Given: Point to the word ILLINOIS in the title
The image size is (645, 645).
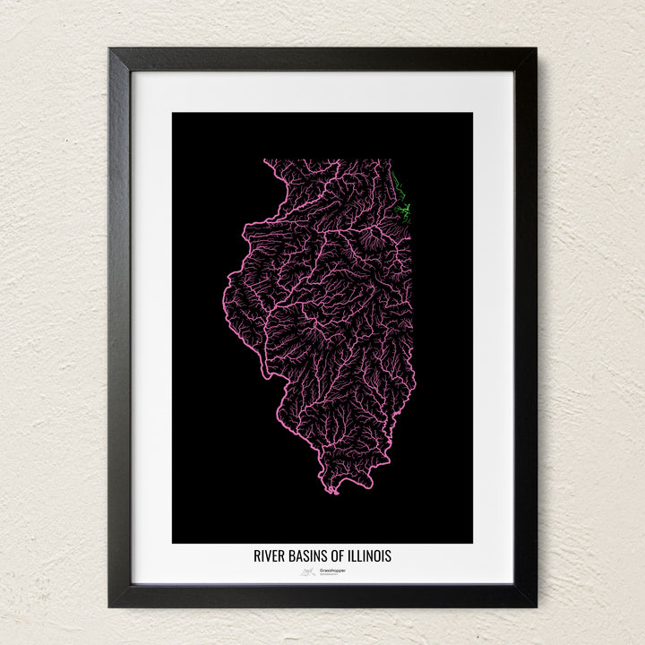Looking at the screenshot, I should (371, 556).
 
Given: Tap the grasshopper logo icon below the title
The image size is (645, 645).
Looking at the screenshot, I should (308, 571).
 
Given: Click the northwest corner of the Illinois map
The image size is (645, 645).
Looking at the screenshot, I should (264, 160).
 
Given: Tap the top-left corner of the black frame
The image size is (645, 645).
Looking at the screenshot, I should (109, 48).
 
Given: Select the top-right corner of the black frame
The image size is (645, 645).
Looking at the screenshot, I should (536, 48).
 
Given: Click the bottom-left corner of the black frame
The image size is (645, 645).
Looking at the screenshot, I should (109, 606).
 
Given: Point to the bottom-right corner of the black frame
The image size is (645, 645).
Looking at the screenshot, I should (536, 606).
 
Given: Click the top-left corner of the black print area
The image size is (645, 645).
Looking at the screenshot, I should (173, 113).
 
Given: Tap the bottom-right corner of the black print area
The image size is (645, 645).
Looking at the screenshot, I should (472, 543).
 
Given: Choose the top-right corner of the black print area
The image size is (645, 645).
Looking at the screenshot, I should (472, 113).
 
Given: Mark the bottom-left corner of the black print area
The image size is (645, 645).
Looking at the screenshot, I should (173, 543).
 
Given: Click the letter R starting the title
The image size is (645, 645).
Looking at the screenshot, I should (257, 556).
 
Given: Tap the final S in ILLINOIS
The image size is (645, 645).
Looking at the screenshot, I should (388, 556).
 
